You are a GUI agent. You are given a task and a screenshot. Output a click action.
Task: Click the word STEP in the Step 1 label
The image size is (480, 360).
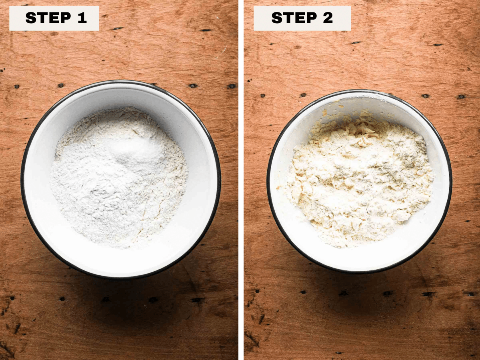pos(48,18)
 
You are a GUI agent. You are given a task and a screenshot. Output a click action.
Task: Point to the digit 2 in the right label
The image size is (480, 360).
pos(328,18)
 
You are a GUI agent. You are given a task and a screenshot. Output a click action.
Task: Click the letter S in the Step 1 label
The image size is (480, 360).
pos(31,18)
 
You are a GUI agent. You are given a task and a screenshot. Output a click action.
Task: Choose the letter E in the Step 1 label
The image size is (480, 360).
pos(54,18)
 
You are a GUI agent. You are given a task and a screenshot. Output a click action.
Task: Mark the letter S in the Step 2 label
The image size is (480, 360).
pos(277,18)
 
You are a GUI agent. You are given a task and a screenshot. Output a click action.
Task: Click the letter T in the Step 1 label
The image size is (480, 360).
pos(42,18)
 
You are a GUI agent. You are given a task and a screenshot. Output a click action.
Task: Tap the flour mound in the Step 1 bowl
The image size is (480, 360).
pos(118,177)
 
